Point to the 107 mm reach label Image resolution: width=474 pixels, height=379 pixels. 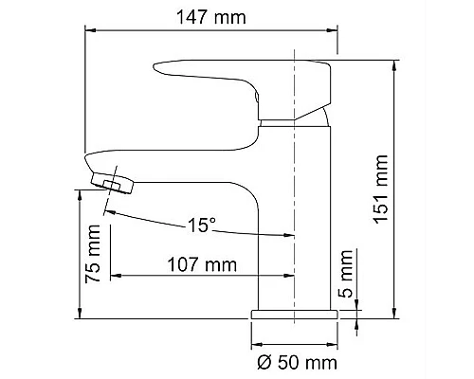[x=203, y=265]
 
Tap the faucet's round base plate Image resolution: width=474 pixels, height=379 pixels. [x=294, y=314]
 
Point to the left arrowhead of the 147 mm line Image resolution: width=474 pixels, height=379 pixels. [x=91, y=30]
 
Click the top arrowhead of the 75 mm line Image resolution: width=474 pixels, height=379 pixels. [x=79, y=192]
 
